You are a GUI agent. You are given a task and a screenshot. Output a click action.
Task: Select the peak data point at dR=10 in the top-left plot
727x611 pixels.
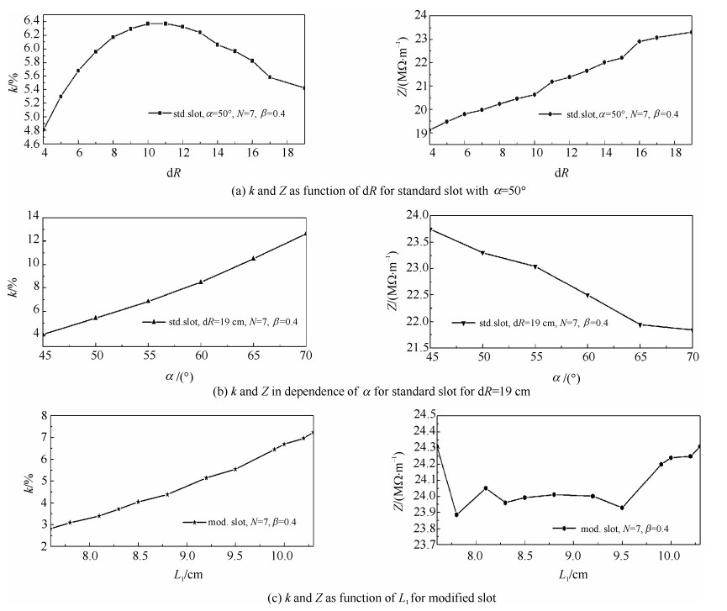(x=148, y=24)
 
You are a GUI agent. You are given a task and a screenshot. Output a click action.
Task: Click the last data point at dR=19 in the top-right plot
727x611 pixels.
(x=691, y=32)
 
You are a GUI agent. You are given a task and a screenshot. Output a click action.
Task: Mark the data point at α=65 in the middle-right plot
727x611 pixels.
(x=640, y=324)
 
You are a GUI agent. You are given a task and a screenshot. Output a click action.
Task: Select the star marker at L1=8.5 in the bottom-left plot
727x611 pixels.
(x=138, y=502)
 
